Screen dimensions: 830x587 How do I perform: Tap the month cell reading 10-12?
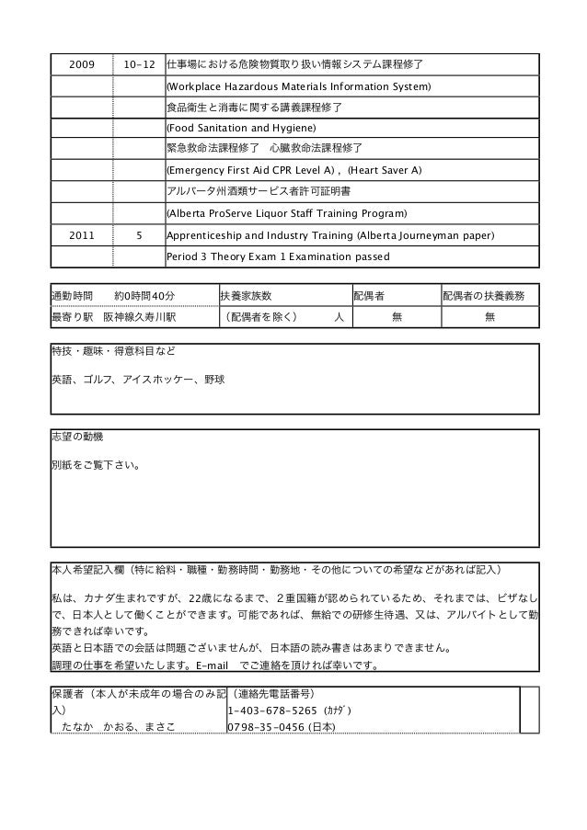tap(138, 65)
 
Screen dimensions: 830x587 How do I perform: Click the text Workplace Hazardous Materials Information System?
tap(297, 87)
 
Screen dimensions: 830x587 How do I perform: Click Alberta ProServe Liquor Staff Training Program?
tap(285, 213)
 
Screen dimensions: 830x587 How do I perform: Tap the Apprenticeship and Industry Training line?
tap(329, 235)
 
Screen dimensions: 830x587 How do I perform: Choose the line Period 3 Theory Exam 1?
tap(277, 256)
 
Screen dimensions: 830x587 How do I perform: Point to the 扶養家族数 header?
tap(246, 296)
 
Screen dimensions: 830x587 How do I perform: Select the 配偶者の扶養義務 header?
tap(483, 296)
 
